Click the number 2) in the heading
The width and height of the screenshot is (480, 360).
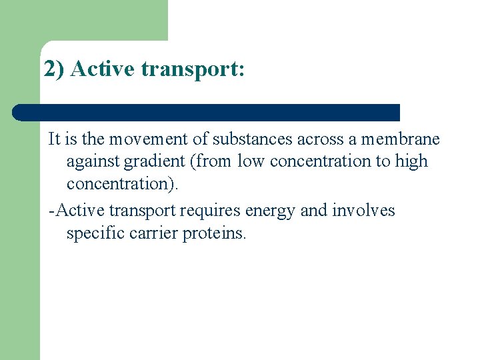pos(54,69)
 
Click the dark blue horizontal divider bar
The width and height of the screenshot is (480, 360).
pos(207,113)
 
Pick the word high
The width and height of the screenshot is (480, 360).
pos(411,161)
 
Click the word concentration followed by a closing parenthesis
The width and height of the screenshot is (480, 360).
pos(123,183)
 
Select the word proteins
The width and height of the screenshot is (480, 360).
pos(214,234)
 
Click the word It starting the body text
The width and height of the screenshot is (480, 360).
pos(55,139)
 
